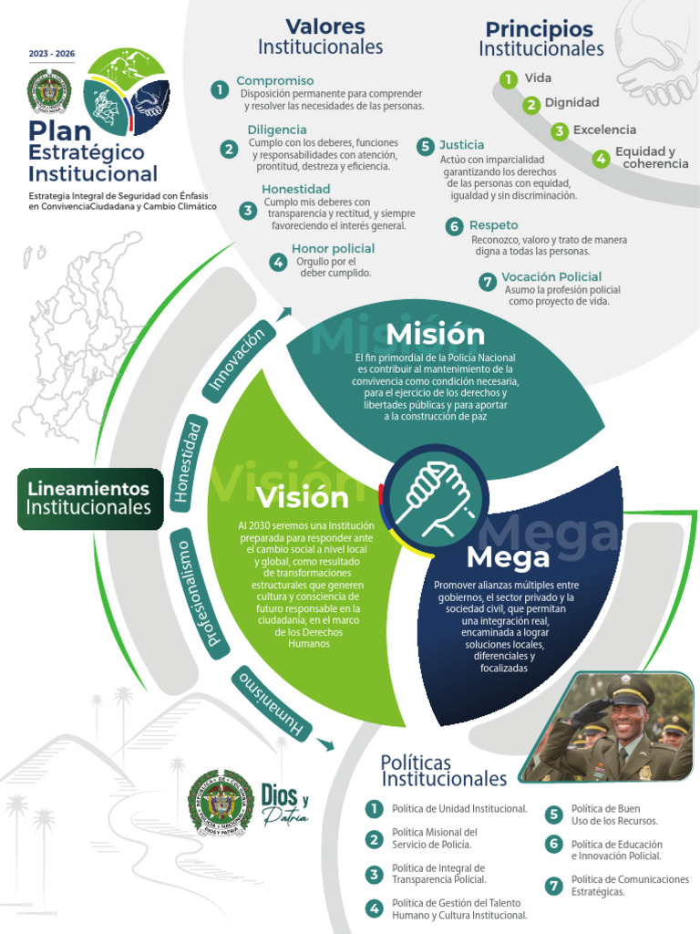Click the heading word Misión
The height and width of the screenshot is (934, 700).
coord(435,335)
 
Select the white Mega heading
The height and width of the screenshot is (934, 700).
coord(508,556)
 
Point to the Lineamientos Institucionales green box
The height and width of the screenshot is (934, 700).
coord(88,498)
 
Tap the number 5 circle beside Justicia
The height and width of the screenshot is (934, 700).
coord(425,146)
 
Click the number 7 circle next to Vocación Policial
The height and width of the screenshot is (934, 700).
coord(488,282)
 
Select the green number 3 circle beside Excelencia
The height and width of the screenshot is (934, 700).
coord(560,131)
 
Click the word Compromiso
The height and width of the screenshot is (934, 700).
coord(274,81)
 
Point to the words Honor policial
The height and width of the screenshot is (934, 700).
coord(333,248)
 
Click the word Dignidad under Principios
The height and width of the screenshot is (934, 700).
coord(571,103)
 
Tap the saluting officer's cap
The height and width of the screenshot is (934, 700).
coord(630,690)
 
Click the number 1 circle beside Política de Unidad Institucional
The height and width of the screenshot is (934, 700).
coord(374,809)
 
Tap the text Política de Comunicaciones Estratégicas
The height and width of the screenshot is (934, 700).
coord(629,886)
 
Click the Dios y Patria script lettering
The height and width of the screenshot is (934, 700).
coord(284,804)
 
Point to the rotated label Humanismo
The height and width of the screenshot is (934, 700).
coord(273,703)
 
